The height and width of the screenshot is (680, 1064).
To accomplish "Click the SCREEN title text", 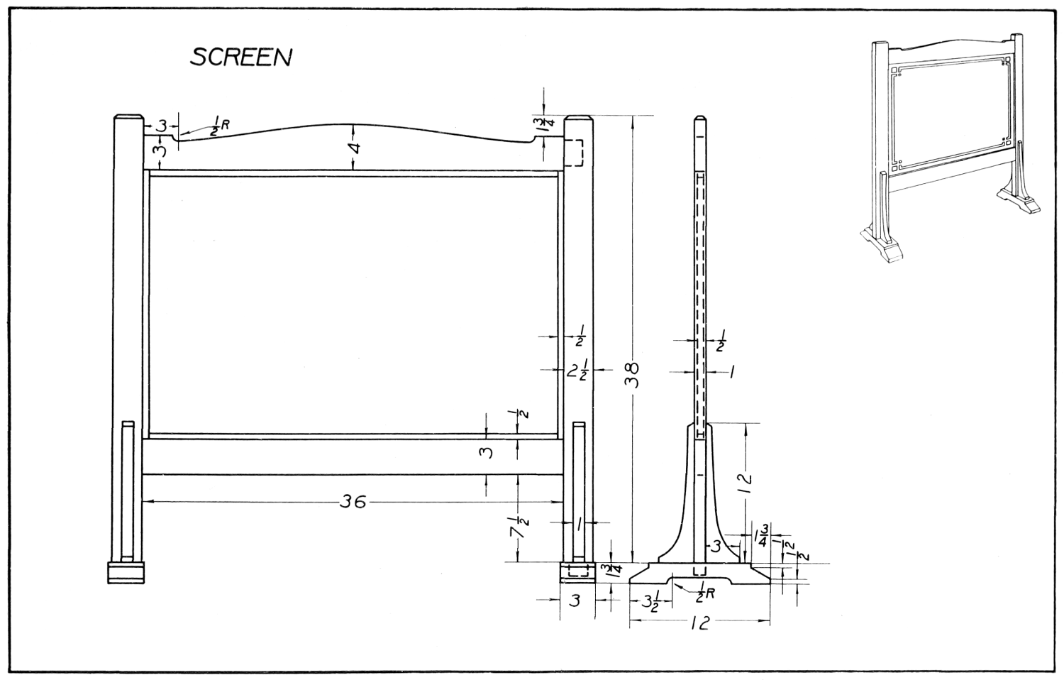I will tap(240, 57).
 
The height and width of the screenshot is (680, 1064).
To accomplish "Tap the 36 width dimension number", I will tap(352, 503).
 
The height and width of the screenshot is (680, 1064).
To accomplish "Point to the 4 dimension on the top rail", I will tap(356, 148).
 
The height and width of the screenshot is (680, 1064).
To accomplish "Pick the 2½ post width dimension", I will tap(575, 371).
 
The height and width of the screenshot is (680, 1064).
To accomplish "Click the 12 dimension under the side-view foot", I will tap(699, 623).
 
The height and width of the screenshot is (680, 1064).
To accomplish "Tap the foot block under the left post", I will tap(126, 572).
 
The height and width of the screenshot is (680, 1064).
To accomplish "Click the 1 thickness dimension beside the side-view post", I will tap(731, 371).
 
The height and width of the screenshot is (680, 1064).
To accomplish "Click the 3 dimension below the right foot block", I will tap(575, 601).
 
